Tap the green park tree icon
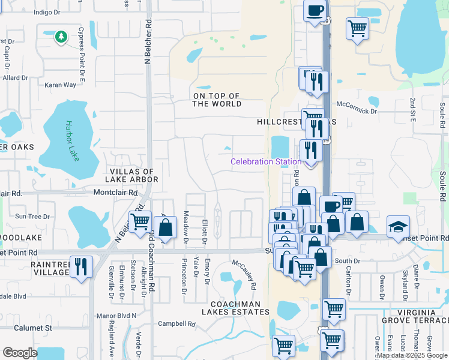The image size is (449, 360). pos(61,37)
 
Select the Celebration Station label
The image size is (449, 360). pos(266,161)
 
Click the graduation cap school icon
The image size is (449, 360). pos(398,227)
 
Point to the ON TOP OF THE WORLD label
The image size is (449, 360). pos(216,100)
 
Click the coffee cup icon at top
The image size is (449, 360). pos(315,10)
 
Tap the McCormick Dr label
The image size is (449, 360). pos(357,111)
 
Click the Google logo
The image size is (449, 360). pos(20,353)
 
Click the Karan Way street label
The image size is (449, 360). pos(61,85)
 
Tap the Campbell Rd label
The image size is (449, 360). pos(176,323)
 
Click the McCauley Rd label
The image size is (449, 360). pos(245,275)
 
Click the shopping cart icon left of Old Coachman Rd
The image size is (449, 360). pos(140,221)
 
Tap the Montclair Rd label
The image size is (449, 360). pos(115,193)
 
